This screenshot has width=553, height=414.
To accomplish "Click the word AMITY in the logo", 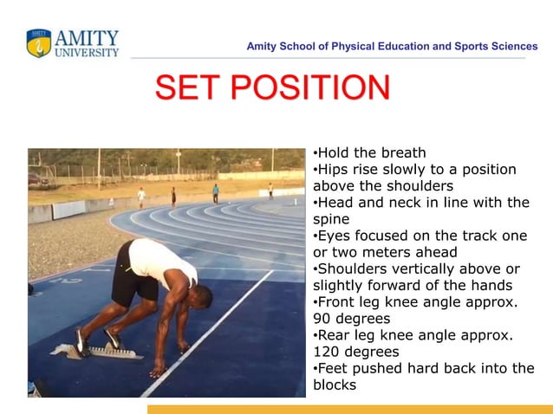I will (x=87, y=38).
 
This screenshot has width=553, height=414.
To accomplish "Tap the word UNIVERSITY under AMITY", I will (x=87, y=52).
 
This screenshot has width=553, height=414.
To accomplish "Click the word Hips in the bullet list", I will (x=334, y=170).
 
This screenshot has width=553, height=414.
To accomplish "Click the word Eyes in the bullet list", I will (x=335, y=236).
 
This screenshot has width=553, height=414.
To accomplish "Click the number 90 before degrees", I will (x=322, y=318).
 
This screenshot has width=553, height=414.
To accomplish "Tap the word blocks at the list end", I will (x=335, y=385).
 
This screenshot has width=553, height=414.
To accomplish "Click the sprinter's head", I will (x=188, y=285).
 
